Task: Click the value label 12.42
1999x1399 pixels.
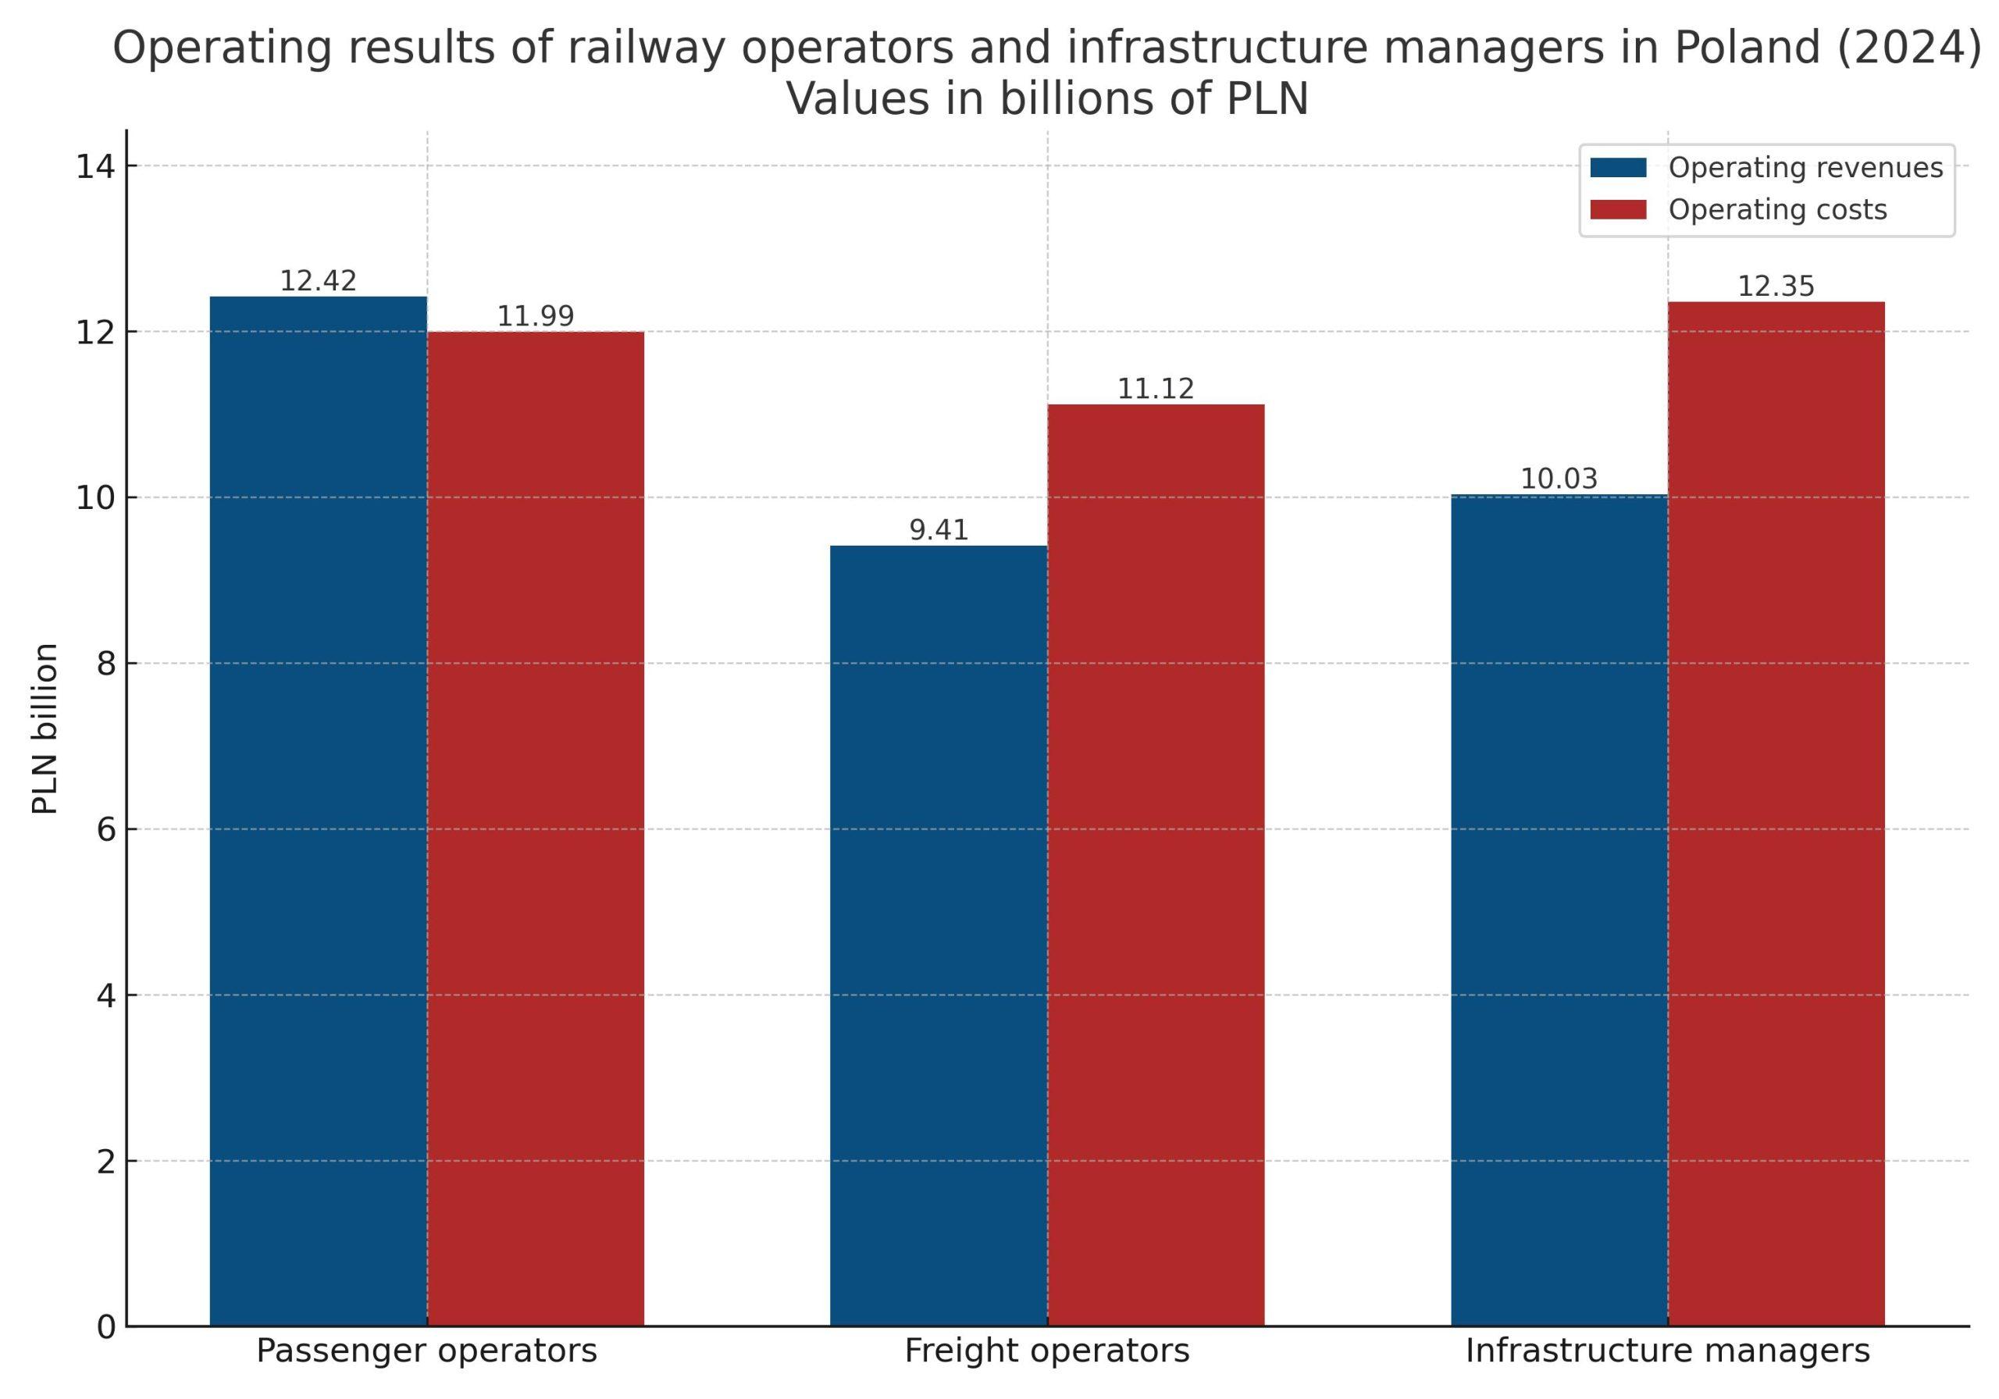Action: click(318, 281)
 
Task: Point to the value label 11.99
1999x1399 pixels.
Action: click(536, 316)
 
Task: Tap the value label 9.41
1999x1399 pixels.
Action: click(939, 530)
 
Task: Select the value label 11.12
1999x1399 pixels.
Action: click(1156, 389)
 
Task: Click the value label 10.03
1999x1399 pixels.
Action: click(1559, 479)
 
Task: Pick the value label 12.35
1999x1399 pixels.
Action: click(1776, 287)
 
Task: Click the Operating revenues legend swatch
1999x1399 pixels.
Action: click(1618, 167)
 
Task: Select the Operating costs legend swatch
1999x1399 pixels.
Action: click(1618, 210)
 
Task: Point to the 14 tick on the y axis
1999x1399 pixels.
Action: click(96, 166)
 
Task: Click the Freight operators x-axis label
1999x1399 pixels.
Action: click(1046, 1351)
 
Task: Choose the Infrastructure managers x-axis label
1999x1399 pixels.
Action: click(1667, 1351)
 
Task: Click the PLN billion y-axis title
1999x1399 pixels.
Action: click(45, 728)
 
